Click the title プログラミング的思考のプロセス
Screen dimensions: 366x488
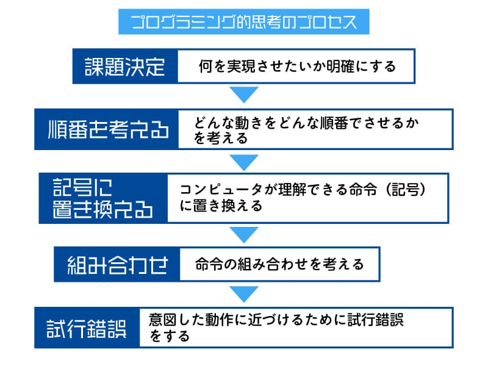tap(244, 22)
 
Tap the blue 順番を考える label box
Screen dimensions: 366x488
tap(107, 129)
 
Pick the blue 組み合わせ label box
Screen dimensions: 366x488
tap(117, 264)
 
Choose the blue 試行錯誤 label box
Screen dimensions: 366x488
tap(87, 328)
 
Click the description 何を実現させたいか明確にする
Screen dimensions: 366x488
tap(297, 66)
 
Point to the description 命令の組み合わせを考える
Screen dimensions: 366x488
tap(279, 264)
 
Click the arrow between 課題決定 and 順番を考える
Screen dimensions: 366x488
tap(244, 95)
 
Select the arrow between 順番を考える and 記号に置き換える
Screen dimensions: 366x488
tap(244, 162)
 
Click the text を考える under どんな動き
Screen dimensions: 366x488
tap(221, 138)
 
